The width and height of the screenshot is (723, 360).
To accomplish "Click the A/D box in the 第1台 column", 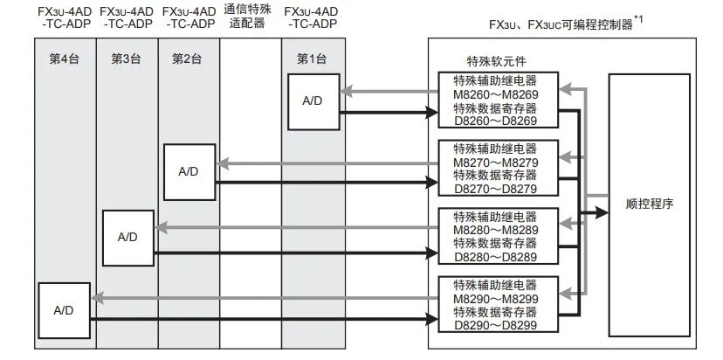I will pos(313,101).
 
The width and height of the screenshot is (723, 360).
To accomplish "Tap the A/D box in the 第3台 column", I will pos(127,237).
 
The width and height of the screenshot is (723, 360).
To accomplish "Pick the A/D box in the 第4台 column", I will pos(64,309).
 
